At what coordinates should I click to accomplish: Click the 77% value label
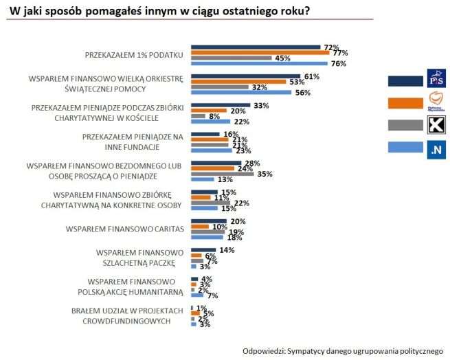click(x=341, y=52)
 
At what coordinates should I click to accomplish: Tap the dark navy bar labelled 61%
click(x=245, y=76)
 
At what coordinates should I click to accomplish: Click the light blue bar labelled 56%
click(x=240, y=93)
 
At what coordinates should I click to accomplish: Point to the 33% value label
click(x=261, y=106)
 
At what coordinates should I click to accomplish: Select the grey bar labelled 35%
click(x=223, y=174)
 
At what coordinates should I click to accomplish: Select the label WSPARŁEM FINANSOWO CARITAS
click(x=124, y=228)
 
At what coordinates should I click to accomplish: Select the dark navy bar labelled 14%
click(x=203, y=250)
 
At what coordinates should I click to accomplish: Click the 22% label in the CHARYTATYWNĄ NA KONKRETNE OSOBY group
click(x=241, y=203)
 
